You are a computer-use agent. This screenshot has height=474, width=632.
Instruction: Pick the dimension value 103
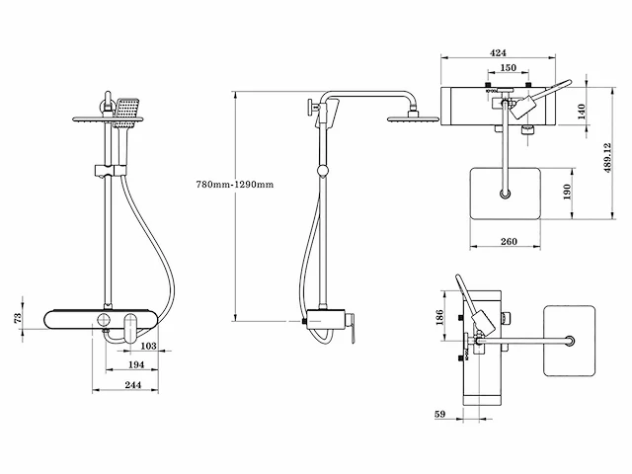(x=147, y=347)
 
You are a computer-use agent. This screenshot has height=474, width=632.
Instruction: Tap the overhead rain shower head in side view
(x=408, y=118)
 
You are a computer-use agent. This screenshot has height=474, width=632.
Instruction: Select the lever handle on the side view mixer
(x=347, y=335)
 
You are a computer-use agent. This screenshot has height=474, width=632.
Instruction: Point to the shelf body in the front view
(x=99, y=320)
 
